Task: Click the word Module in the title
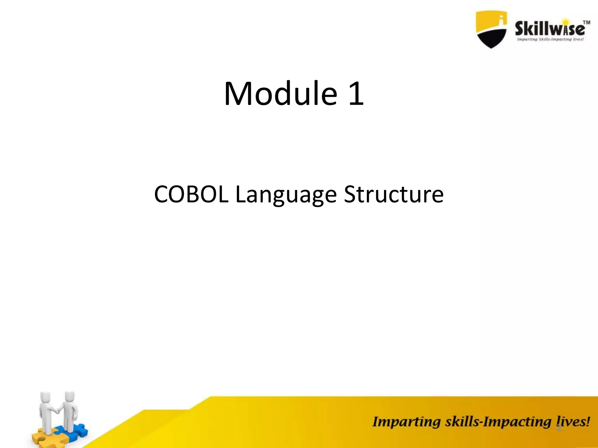tap(280, 94)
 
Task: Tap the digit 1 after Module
tap(356, 94)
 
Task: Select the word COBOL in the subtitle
tap(191, 195)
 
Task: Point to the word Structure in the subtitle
tap(394, 195)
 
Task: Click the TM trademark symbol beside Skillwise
tap(586, 23)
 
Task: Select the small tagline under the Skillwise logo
tap(550, 39)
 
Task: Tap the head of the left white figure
tap(46, 398)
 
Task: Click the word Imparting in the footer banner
tap(406, 422)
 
